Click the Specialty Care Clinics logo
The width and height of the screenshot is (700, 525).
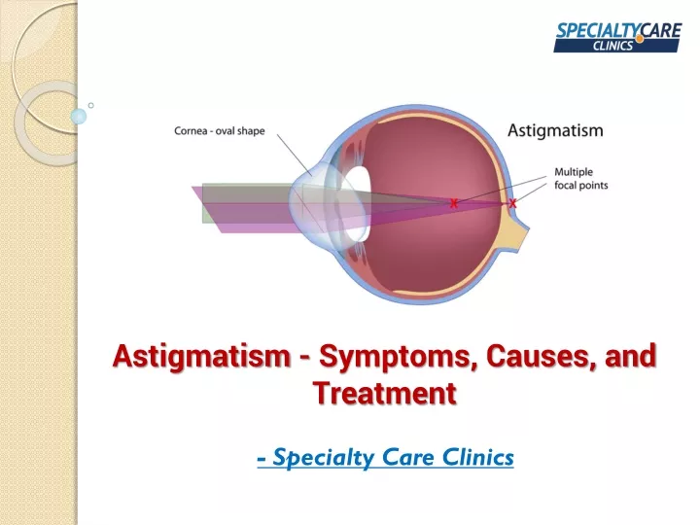point(617,38)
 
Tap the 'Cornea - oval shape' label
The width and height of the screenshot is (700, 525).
point(219,131)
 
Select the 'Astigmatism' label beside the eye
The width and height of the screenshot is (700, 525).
point(555,130)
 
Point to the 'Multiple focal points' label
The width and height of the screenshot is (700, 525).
point(580,179)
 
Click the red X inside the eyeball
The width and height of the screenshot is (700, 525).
point(454,203)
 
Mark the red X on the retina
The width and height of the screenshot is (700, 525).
point(512,203)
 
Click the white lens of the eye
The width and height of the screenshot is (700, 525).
point(358,204)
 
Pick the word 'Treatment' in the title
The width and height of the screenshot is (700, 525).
point(384,393)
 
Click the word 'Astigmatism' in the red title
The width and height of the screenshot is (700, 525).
point(202,357)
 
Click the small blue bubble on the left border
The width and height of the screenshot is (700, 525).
point(79,116)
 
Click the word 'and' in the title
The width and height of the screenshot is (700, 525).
point(630,356)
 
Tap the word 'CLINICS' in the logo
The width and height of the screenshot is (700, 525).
point(612,46)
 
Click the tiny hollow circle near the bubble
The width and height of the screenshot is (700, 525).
point(91,105)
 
